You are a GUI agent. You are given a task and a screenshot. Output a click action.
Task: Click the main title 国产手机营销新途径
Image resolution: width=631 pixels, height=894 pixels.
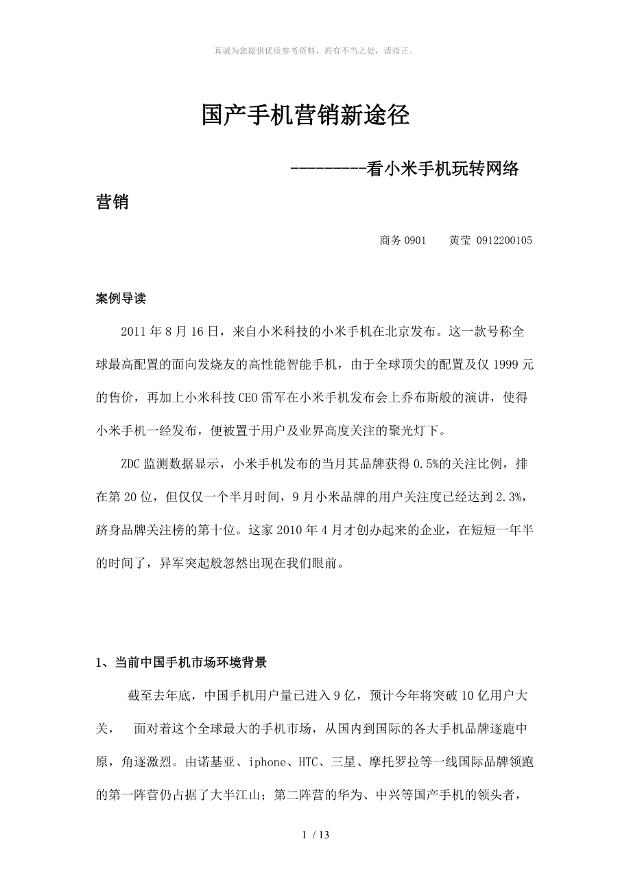point(306,115)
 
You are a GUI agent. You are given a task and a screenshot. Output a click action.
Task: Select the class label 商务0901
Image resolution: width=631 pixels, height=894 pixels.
point(403,240)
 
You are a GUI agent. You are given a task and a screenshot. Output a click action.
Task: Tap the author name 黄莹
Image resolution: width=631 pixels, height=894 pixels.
point(460,240)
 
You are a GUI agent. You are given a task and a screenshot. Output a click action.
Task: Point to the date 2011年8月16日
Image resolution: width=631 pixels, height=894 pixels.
point(169,332)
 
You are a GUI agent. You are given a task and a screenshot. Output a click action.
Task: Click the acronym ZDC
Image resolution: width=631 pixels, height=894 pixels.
point(131,464)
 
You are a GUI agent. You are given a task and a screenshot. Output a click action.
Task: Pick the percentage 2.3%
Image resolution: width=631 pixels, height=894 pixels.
point(514,497)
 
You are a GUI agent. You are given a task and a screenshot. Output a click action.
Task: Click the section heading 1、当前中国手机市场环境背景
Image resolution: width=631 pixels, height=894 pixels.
point(181,663)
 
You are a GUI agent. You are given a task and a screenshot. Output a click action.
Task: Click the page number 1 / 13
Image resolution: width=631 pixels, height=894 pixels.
point(315,836)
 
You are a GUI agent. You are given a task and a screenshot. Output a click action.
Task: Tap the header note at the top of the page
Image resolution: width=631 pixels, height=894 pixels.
point(315,51)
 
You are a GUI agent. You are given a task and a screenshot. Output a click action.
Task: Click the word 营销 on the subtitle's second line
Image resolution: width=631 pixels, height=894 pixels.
point(112,203)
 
